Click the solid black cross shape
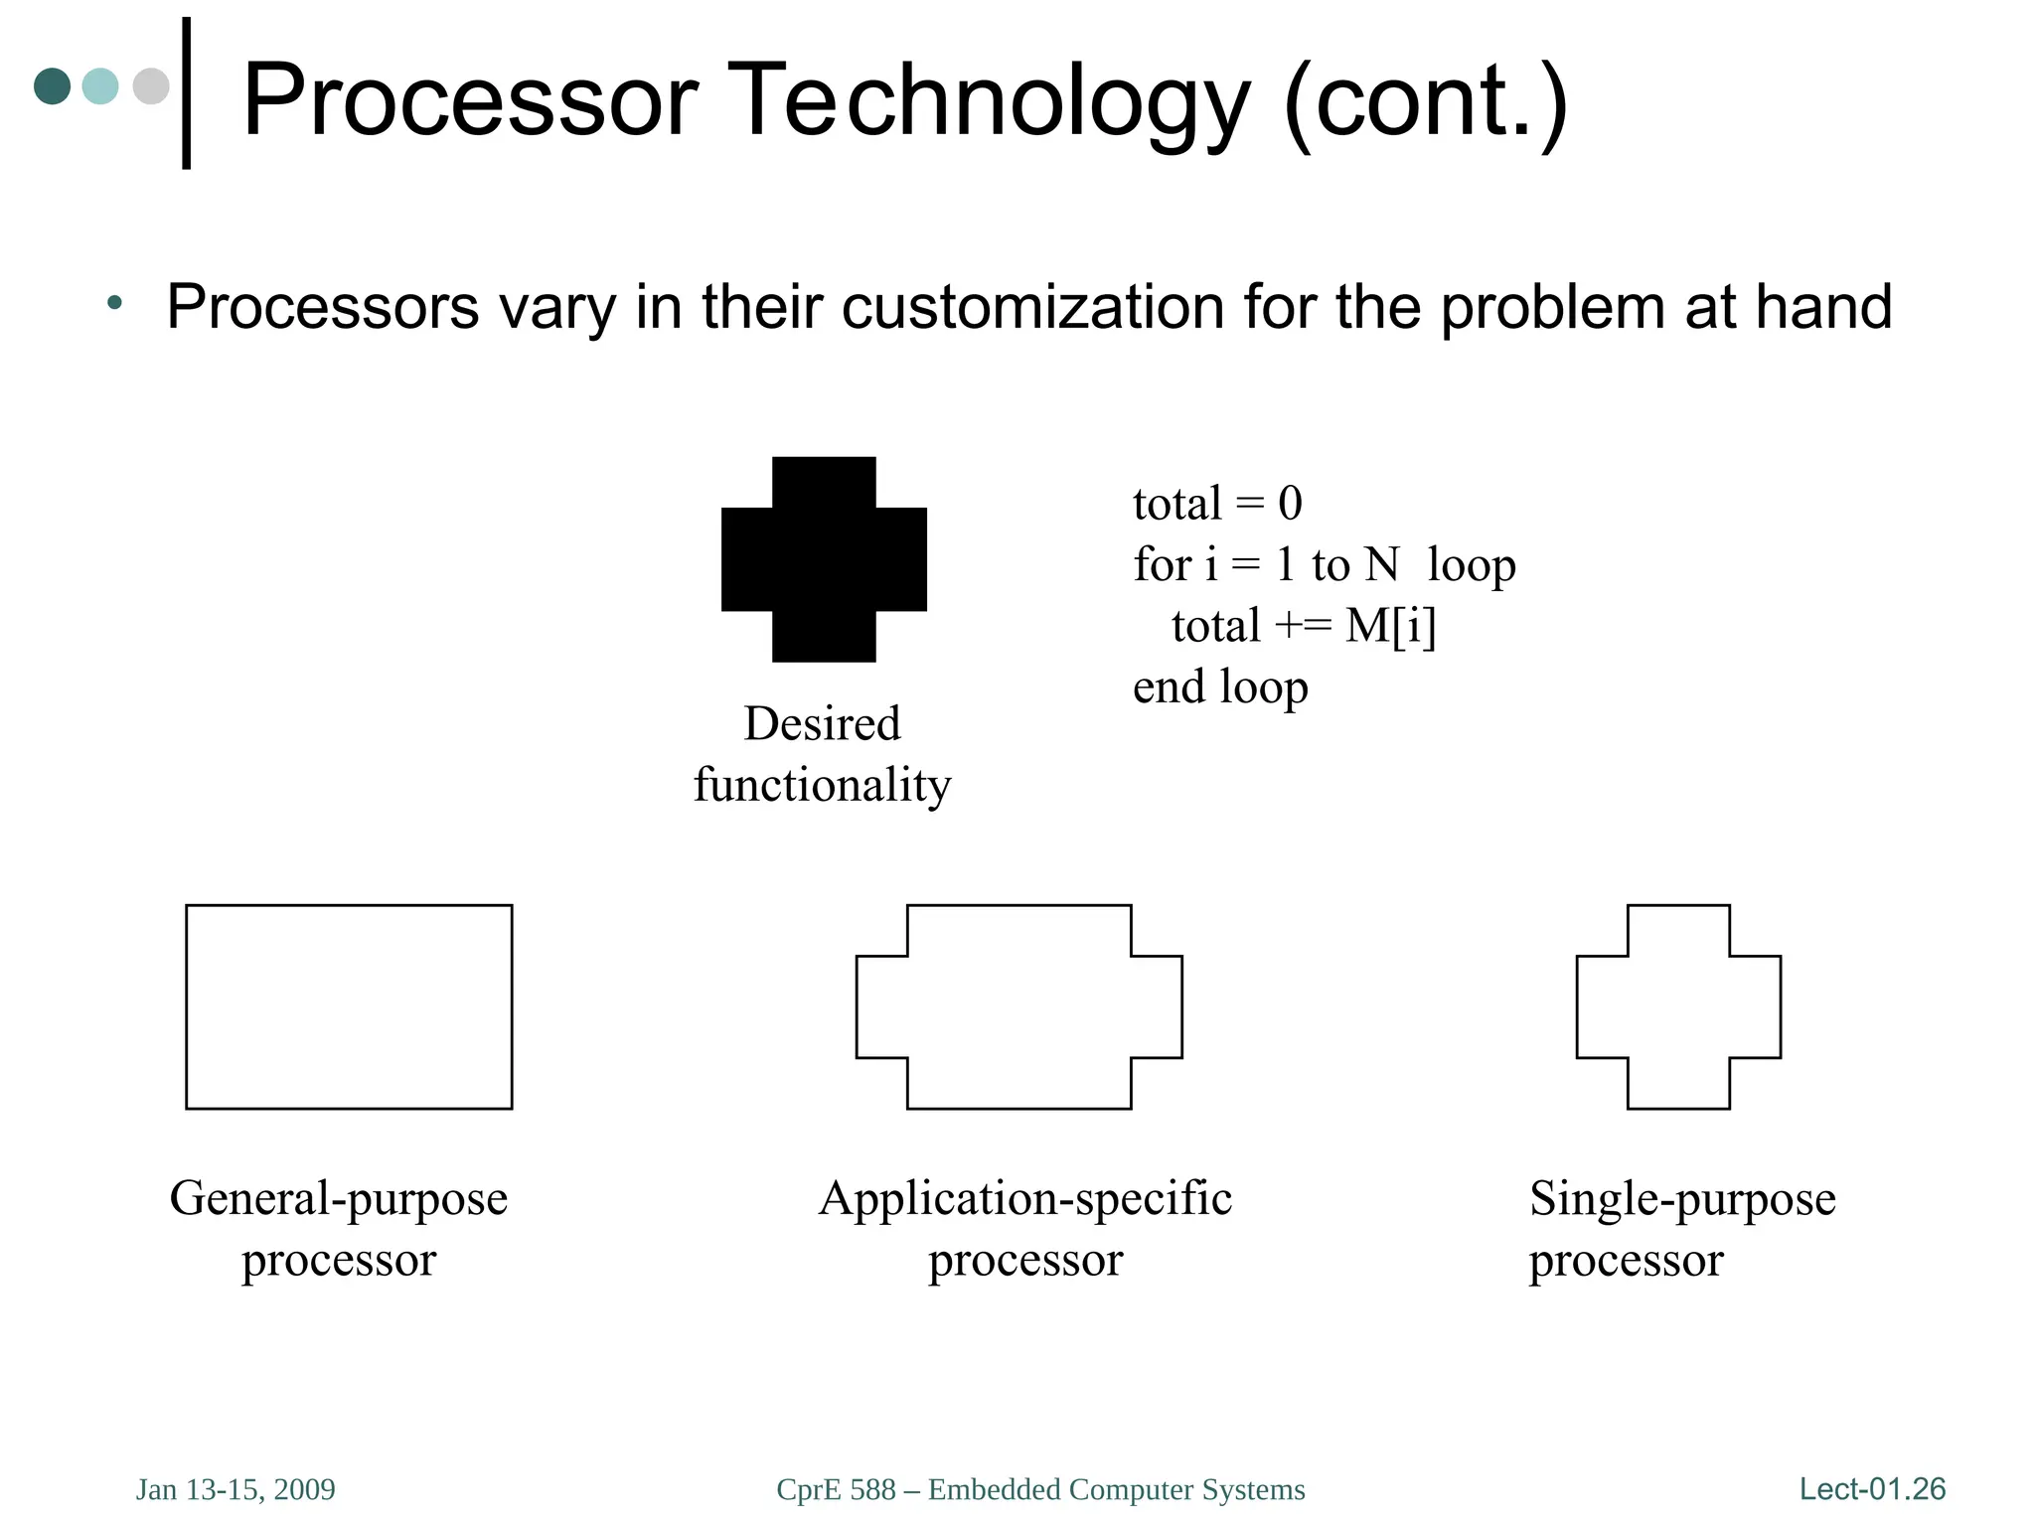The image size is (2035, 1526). [824, 559]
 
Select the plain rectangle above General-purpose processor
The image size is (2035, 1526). [349, 1006]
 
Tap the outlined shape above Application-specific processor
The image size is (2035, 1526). [1018, 1006]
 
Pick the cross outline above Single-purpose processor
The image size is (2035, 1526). [1678, 1006]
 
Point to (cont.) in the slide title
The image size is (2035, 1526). [1426, 100]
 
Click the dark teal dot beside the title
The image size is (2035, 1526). [52, 86]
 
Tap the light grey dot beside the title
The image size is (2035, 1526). [151, 86]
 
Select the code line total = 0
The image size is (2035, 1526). [1217, 504]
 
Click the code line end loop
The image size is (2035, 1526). [1220, 687]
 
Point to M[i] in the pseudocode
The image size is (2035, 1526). [1390, 626]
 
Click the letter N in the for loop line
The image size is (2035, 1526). [1381, 565]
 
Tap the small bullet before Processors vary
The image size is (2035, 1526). [115, 302]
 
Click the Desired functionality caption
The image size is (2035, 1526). [822, 754]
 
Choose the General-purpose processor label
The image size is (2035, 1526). [339, 1228]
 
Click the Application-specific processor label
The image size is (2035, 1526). [1025, 1228]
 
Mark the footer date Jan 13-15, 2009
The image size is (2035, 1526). [235, 1489]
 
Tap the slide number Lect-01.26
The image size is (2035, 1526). [1872, 1488]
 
